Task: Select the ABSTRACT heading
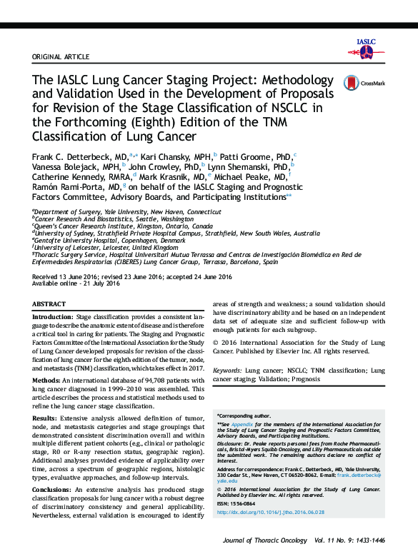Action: pos(49,304)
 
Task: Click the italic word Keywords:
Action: pos(228,371)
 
